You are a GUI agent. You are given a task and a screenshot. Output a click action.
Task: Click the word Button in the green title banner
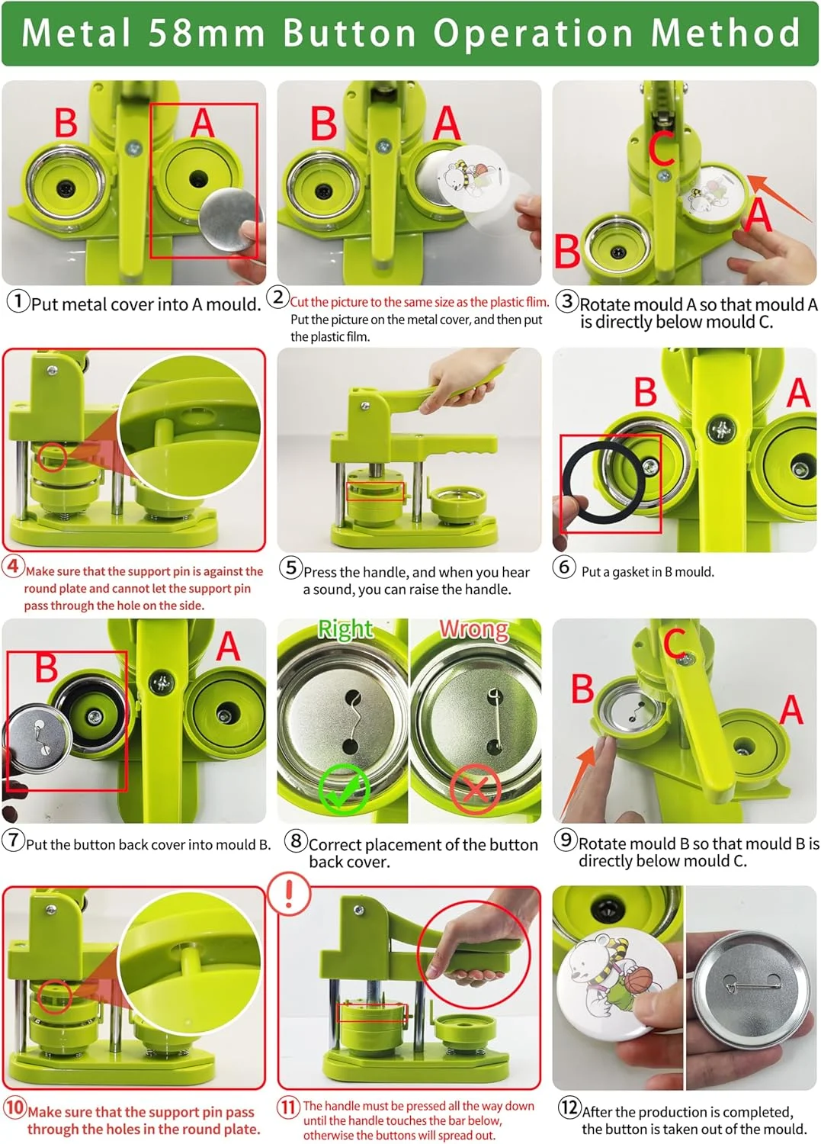click(349, 33)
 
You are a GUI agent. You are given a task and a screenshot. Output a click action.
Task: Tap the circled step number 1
click(18, 300)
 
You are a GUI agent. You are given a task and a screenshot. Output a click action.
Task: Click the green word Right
click(345, 628)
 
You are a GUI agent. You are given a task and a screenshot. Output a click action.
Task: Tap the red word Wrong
click(474, 628)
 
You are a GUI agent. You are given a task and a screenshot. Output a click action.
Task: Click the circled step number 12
click(569, 1106)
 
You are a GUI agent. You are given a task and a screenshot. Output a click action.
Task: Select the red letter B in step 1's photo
click(66, 123)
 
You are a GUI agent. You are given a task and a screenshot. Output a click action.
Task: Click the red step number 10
click(14, 1107)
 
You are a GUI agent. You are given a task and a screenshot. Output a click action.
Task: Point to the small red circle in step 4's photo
click(52, 457)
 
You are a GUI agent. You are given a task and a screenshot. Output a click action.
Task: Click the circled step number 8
click(296, 840)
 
